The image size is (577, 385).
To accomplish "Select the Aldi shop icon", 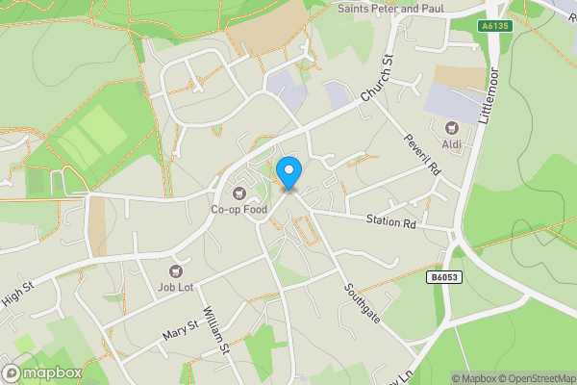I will [451, 128].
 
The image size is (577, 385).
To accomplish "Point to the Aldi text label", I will [451, 144].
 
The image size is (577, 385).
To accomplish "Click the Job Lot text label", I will [176, 289].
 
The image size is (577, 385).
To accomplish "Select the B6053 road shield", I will [444, 277].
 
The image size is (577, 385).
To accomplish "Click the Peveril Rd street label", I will [421, 154].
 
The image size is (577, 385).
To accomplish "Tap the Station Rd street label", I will [390, 223].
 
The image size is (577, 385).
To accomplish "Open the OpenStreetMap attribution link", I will [534, 378].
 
